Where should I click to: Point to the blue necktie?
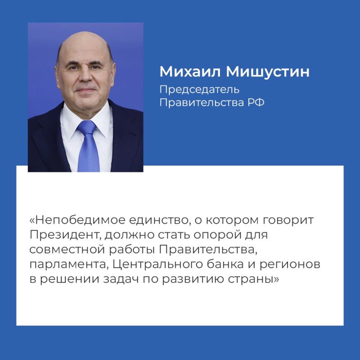coord(88,144)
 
